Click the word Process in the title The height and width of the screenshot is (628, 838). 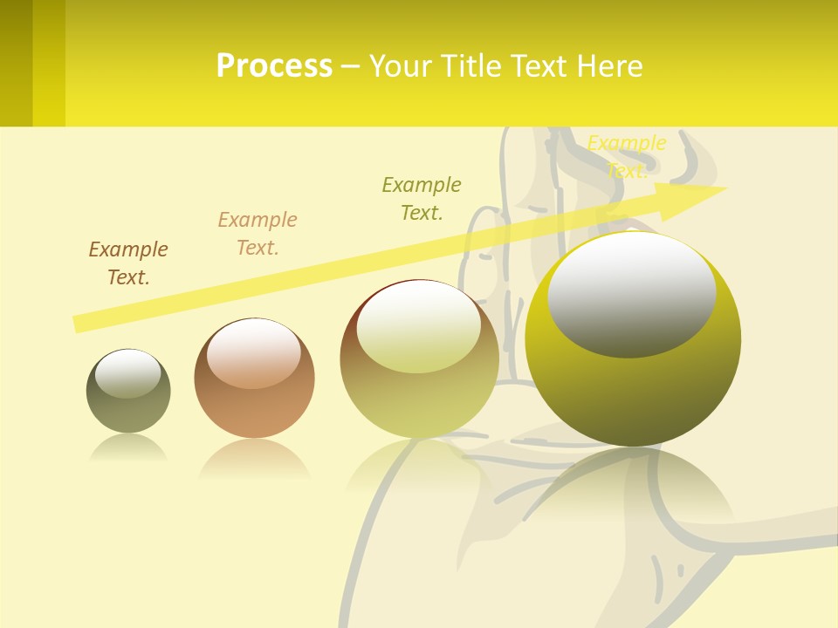(x=274, y=66)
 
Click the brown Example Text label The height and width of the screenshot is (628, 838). (x=128, y=263)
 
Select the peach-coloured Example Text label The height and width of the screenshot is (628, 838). (x=258, y=234)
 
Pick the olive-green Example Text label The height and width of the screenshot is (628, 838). (x=422, y=199)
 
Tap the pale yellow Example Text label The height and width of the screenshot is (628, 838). (x=627, y=156)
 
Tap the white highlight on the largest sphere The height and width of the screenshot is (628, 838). (x=632, y=292)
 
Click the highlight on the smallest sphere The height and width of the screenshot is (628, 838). (x=128, y=373)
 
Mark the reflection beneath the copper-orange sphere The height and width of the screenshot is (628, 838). (x=254, y=459)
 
